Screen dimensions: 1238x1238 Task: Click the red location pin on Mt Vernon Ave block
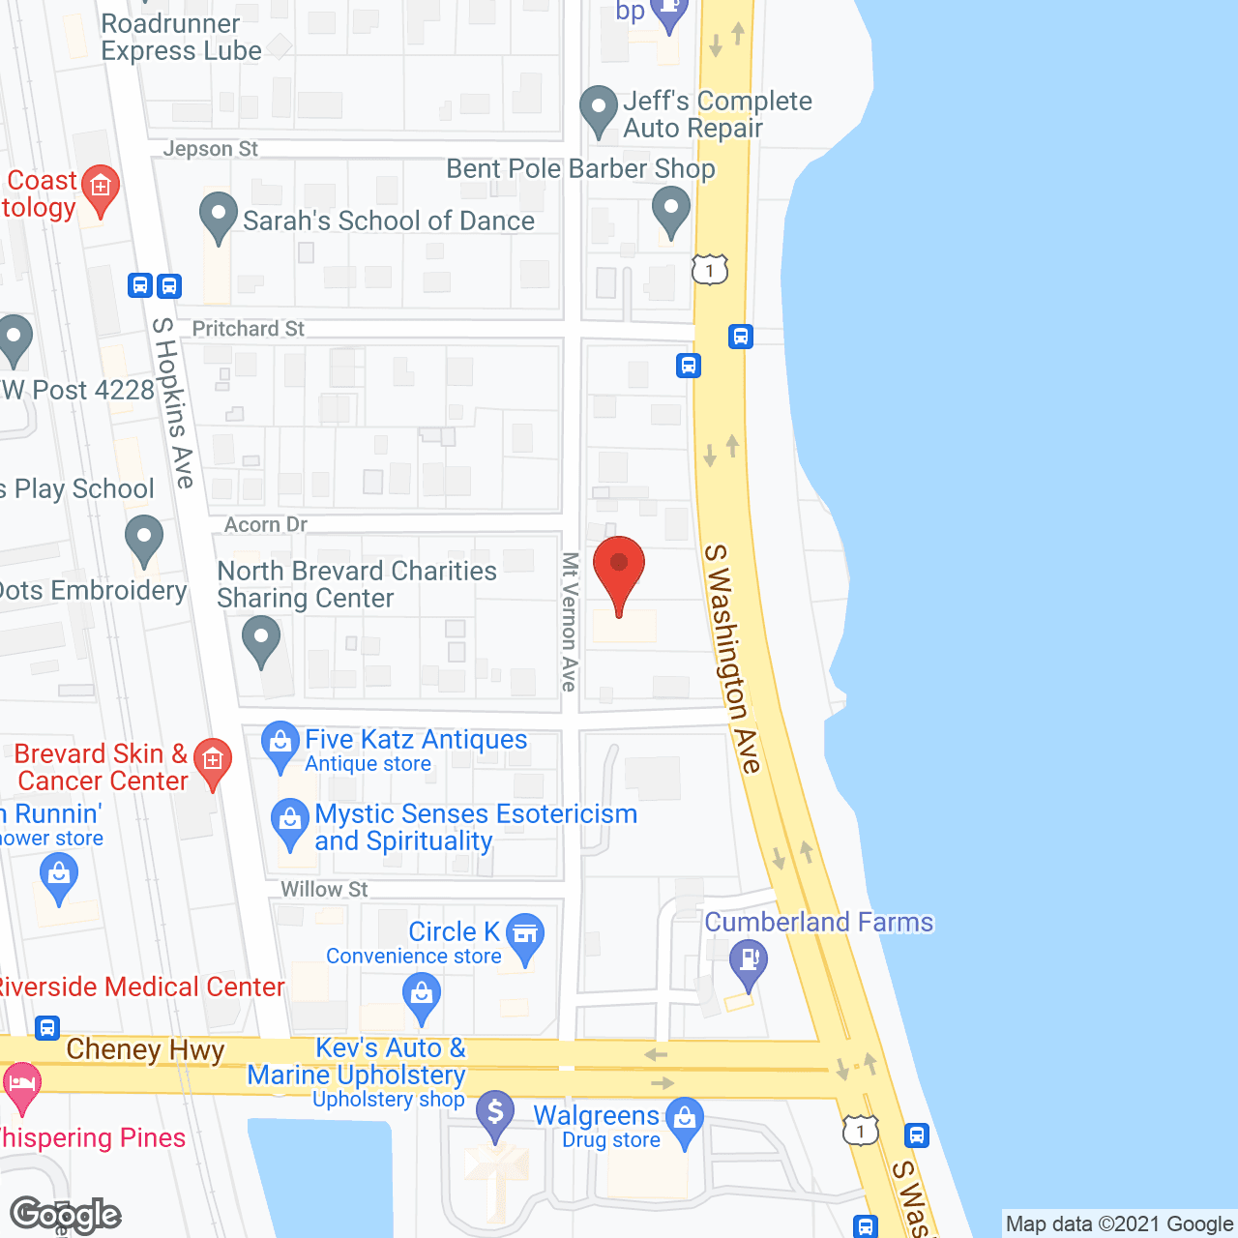tap(618, 570)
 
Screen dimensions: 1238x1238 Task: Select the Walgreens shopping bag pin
tap(685, 1122)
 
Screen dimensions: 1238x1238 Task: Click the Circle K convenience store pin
tap(525, 936)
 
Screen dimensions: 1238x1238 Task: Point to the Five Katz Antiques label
tap(416, 740)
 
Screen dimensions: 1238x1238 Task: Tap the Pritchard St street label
tap(248, 329)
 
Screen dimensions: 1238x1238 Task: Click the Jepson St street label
tap(210, 149)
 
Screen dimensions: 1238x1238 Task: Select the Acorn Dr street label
tap(265, 524)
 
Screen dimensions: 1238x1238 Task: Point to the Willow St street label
tap(324, 889)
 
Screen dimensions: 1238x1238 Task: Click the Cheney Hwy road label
tap(145, 1049)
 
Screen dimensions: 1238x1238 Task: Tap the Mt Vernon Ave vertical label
tap(570, 621)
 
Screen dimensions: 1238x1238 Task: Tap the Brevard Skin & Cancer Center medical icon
tap(213, 761)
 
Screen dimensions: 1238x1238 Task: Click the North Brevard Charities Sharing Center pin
tap(260, 640)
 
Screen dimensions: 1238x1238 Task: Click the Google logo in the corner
tap(65, 1215)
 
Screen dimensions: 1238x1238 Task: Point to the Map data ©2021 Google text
tap(1120, 1223)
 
